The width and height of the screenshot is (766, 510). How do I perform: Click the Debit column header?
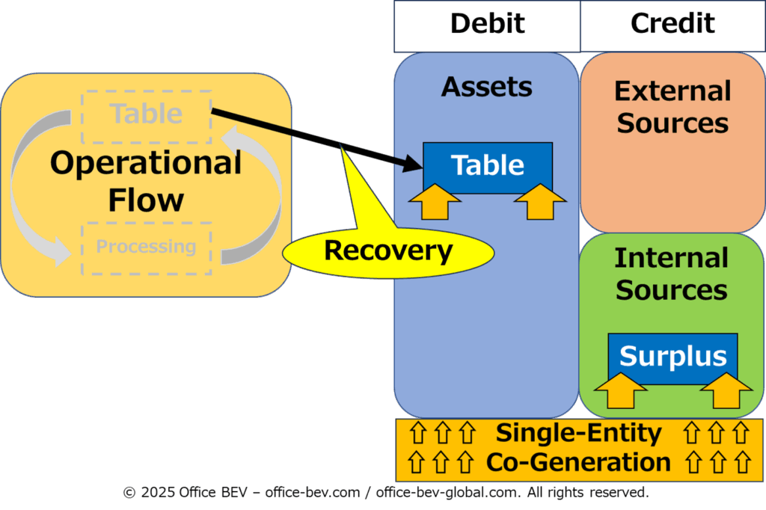(487, 26)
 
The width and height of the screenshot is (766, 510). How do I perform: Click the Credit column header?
(672, 26)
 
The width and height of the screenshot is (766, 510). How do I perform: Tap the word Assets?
(486, 87)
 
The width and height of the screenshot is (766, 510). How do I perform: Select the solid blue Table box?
(488, 168)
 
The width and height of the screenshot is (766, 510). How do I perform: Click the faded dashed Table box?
(147, 117)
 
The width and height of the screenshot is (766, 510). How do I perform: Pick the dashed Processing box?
(147, 248)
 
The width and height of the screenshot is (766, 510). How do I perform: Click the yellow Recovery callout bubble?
(388, 252)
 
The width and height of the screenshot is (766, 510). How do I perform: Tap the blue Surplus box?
(672, 359)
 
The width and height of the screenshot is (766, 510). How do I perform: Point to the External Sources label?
(672, 106)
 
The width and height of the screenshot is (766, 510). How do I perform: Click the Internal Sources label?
(672, 274)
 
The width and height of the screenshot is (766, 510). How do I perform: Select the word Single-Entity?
(579, 433)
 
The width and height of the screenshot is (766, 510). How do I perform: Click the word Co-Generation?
(578, 462)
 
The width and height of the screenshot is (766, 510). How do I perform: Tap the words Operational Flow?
(146, 181)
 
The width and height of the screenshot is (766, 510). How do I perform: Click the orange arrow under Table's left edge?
(435, 201)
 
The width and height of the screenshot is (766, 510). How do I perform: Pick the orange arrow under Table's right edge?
(540, 201)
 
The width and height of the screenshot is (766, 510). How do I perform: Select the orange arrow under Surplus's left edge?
(620, 390)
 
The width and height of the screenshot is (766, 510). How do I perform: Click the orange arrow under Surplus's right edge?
(726, 390)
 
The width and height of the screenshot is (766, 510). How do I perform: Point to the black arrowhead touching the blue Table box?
(413, 163)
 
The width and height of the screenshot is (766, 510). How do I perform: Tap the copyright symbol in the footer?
(129, 492)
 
